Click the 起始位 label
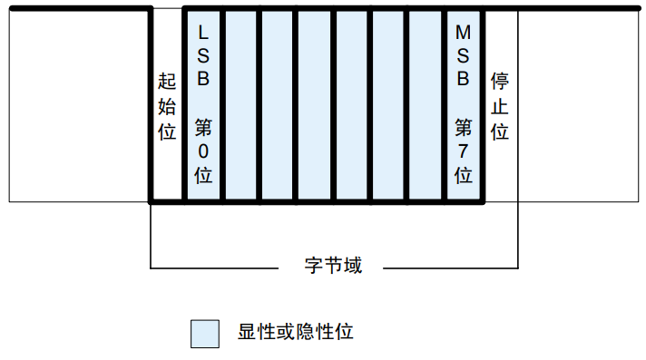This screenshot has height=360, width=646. [x=167, y=107]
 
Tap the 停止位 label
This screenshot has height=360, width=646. [x=499, y=107]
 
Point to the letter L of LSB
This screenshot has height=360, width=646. [x=203, y=34]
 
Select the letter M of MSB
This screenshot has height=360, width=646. [x=463, y=34]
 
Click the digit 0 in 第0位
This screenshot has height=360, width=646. [x=203, y=151]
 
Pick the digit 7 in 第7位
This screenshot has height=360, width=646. [x=463, y=151]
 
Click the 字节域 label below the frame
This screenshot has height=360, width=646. [x=333, y=267]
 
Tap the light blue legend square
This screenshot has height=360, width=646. [x=205, y=333]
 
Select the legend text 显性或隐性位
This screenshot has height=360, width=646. [x=295, y=332]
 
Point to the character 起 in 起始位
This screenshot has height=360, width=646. [x=167, y=83]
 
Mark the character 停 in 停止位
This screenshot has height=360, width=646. [x=499, y=83]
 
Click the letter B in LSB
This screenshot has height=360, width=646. [x=203, y=78]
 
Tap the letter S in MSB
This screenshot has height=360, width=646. [x=463, y=56]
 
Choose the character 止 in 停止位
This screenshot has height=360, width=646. [x=499, y=107]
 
